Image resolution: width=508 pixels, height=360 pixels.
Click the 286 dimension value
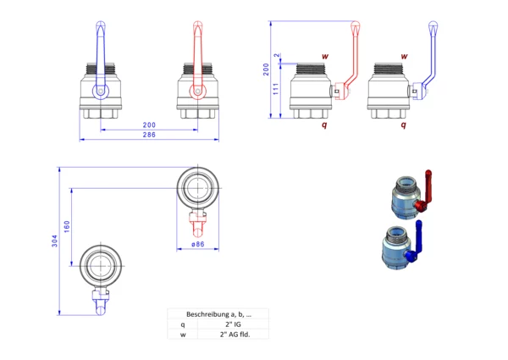(149, 136)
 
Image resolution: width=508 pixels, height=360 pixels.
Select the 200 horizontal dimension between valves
(149, 125)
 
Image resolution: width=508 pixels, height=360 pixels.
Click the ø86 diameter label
(198, 245)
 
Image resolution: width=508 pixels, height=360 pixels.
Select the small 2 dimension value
(278, 56)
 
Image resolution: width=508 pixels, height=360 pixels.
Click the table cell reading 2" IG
(234, 324)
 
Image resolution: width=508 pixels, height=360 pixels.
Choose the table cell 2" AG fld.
(234, 334)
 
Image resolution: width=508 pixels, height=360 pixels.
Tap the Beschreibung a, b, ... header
(218, 313)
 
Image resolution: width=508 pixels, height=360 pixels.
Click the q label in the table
(181, 324)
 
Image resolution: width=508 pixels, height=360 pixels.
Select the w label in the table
(181, 334)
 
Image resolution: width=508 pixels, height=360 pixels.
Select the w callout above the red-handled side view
(324, 56)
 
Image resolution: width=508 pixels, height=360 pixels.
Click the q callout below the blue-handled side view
(403, 124)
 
